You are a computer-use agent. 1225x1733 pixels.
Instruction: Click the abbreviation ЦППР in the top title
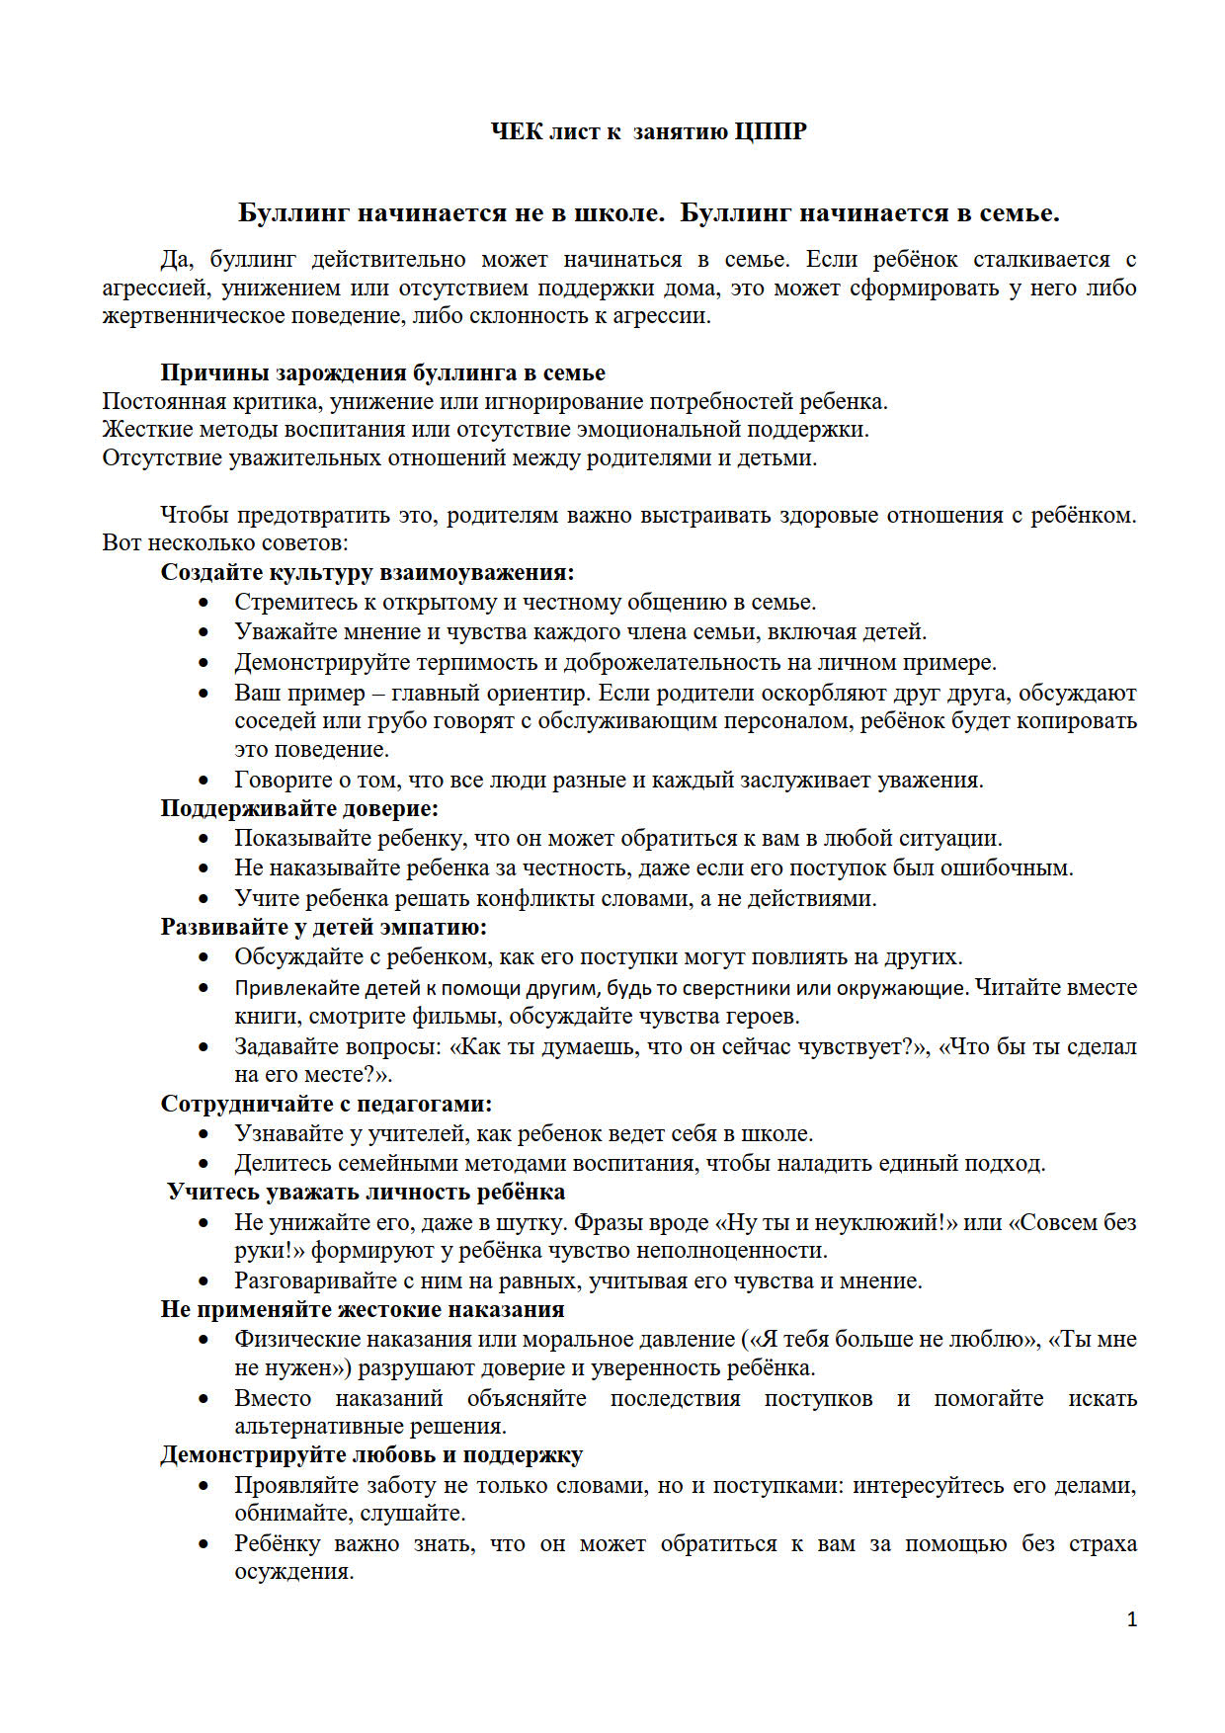(771, 131)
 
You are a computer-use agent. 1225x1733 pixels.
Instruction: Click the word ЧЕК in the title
(517, 131)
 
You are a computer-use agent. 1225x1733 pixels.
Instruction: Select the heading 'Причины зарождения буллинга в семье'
(382, 372)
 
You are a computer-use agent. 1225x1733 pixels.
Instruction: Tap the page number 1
(1131, 1618)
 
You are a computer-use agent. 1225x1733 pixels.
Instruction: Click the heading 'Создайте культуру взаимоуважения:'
(367, 572)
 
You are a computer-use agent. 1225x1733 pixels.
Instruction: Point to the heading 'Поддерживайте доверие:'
(299, 808)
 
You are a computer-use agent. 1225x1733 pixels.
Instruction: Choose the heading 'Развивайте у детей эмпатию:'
(324, 927)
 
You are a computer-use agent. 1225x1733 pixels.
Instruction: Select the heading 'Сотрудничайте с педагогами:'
(326, 1104)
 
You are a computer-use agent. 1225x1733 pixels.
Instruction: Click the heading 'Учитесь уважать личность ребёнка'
(366, 1192)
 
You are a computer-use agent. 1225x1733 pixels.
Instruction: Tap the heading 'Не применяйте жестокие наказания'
(363, 1309)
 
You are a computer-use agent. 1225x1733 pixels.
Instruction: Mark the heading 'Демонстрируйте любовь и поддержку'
(371, 1454)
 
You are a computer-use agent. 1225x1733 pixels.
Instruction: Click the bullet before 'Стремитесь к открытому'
(204, 603)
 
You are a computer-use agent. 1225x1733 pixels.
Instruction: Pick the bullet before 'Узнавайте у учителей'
(204, 1134)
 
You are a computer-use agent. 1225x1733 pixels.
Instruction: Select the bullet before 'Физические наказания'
(204, 1340)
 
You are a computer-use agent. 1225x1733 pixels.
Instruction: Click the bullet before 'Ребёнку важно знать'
(204, 1544)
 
